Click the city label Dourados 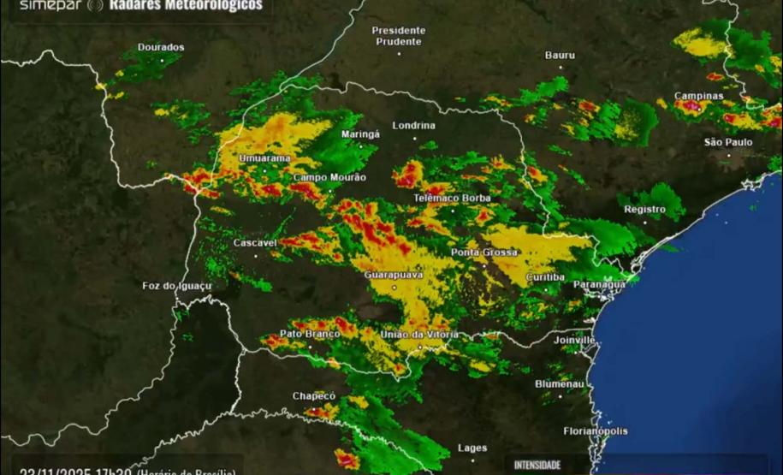coord(161,47)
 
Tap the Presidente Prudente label coord(398,36)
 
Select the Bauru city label coord(560,56)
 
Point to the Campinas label coord(699,96)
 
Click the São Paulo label coord(728,142)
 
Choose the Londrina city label coord(413,126)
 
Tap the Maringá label coord(360,134)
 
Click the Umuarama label coord(264,158)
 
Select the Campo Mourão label coord(329,177)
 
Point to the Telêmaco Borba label coord(453,199)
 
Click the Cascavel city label coord(255,243)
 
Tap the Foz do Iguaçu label coord(176,286)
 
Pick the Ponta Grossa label coord(484,253)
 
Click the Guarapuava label coord(394,276)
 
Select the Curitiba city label coord(545,277)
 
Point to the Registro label coord(644,210)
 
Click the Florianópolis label coord(596,431)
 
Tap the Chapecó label coord(314,396)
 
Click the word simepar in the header coord(49,5)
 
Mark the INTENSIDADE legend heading coord(537,465)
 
